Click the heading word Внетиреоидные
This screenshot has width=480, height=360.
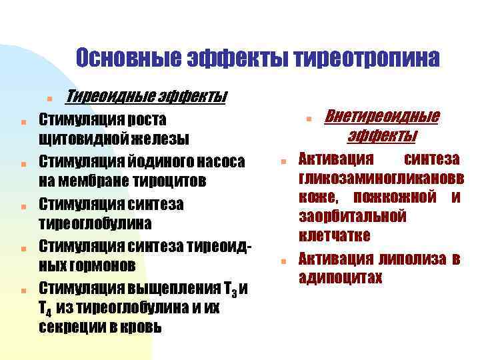tap(382, 117)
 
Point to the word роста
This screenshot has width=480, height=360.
tap(146, 120)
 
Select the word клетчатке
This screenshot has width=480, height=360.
tap(334, 236)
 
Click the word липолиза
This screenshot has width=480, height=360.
tap(411, 259)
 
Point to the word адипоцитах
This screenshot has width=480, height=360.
tap(340, 277)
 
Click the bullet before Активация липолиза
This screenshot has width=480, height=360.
tap(283, 261)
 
